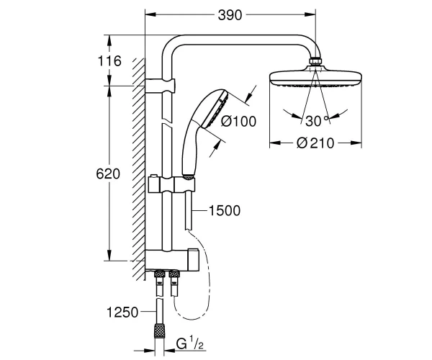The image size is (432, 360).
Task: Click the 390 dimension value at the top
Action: click(230, 15)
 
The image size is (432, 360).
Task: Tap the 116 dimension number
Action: click(109, 61)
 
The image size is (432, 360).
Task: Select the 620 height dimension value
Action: click(108, 174)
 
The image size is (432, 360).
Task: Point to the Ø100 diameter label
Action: click(238, 121)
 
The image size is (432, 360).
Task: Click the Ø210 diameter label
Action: click(315, 143)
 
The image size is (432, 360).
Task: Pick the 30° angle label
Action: click(317, 121)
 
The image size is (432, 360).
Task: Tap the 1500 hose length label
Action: click(225, 211)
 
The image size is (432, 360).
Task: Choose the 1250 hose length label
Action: click(122, 312)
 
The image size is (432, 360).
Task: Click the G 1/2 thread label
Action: click(190, 344)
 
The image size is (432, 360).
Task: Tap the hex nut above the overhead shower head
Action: click(315, 61)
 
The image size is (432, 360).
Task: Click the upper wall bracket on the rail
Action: click(160, 85)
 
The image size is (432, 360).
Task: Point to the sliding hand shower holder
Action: click(172, 185)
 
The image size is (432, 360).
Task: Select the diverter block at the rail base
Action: click(172, 260)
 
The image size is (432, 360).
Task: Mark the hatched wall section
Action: click(138, 169)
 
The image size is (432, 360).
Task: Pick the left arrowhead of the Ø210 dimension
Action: click(275, 143)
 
